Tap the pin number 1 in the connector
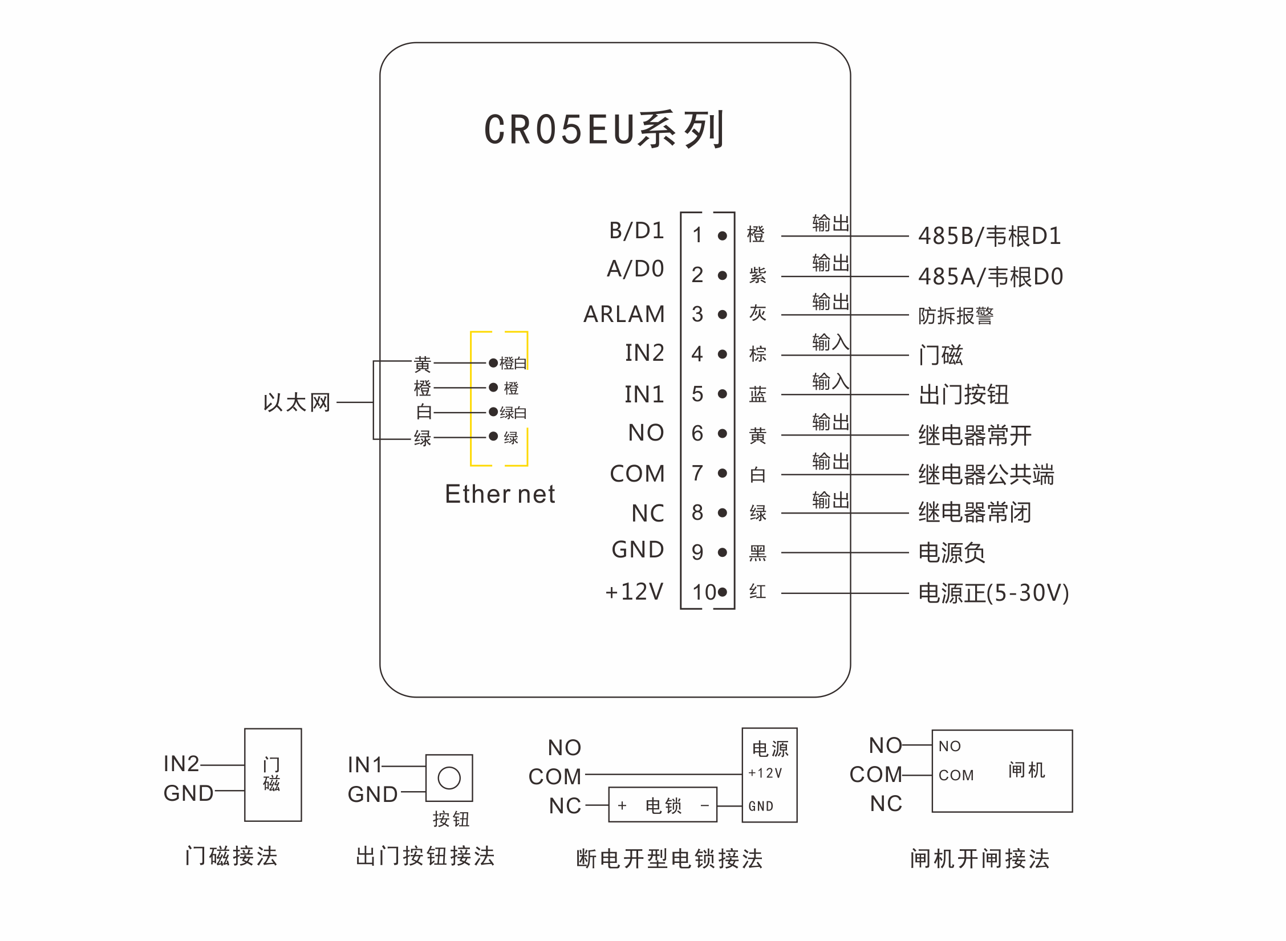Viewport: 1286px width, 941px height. (x=697, y=235)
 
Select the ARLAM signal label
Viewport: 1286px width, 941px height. (x=624, y=314)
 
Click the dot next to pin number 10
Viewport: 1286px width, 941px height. (x=723, y=592)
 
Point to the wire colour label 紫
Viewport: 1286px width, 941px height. (x=757, y=275)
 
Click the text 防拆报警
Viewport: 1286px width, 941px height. (x=956, y=315)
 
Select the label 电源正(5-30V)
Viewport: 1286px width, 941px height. (x=993, y=593)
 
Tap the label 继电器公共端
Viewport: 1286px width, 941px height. (x=986, y=474)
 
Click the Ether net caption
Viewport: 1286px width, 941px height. (x=500, y=494)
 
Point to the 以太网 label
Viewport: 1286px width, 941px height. (x=297, y=402)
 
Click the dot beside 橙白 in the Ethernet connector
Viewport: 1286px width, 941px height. (x=493, y=362)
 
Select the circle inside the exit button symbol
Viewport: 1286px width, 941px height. (x=449, y=778)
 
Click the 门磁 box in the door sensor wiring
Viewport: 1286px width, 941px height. (x=273, y=775)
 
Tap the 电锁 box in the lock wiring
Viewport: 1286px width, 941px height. (x=663, y=805)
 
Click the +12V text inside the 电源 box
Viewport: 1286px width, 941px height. (x=765, y=773)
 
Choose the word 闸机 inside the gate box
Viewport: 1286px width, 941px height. (x=1026, y=770)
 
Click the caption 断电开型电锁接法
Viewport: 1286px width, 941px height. (x=669, y=858)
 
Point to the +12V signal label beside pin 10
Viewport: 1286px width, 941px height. (x=634, y=592)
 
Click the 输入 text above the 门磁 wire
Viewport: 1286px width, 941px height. (x=830, y=342)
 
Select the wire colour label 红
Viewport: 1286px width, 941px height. (x=757, y=592)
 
